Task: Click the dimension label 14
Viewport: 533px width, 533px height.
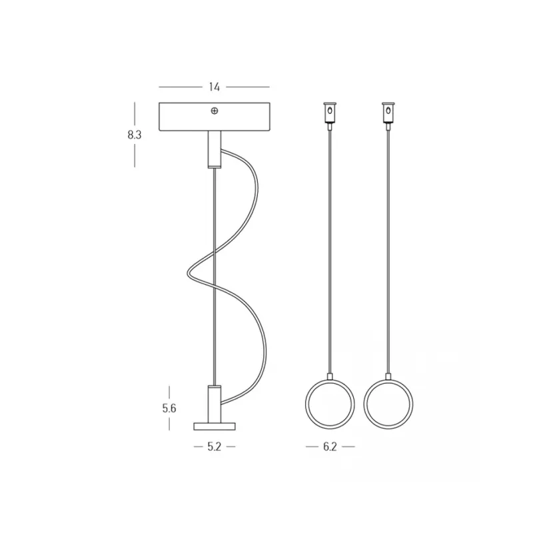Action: pyautogui.click(x=214, y=87)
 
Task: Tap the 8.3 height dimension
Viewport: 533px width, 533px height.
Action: pyautogui.click(x=135, y=135)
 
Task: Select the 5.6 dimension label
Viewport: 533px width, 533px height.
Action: pyautogui.click(x=169, y=408)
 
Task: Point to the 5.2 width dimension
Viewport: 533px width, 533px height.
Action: pyautogui.click(x=214, y=446)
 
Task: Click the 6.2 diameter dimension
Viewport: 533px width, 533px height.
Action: pyautogui.click(x=330, y=446)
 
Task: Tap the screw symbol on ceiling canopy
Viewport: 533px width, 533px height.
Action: pyautogui.click(x=214, y=111)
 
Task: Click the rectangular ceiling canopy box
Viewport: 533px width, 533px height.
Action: pyautogui.click(x=214, y=117)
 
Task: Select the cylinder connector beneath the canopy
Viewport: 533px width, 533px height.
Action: pyautogui.click(x=214, y=149)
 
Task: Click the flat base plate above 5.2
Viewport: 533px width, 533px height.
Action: pyautogui.click(x=214, y=426)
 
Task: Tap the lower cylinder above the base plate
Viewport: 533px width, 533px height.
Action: pyautogui.click(x=214, y=404)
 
